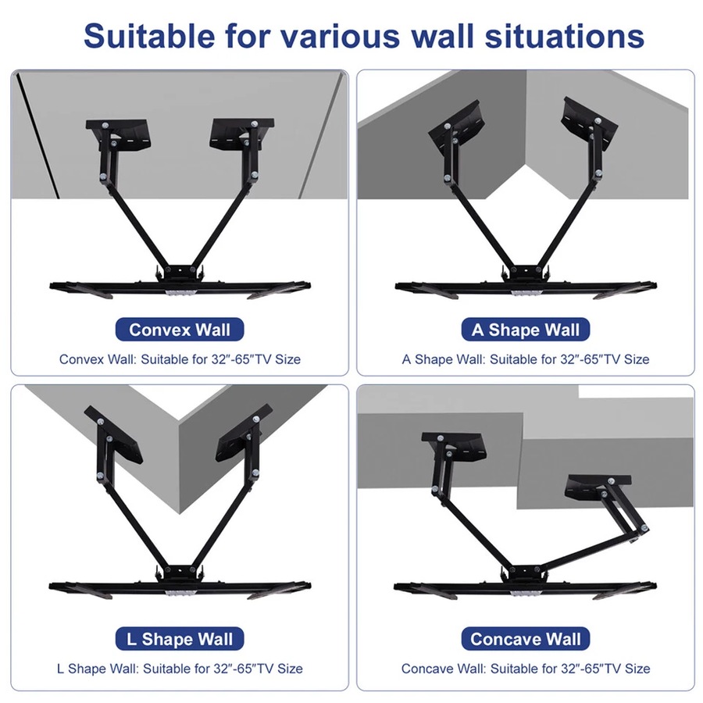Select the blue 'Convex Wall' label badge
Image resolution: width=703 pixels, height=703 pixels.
180,329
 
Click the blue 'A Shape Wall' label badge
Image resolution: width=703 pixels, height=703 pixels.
526,330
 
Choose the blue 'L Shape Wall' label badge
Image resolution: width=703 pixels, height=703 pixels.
180,639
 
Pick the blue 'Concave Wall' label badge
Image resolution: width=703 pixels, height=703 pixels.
526,639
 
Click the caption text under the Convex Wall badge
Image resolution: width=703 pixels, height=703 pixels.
180,359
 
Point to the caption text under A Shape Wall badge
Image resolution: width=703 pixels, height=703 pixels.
526,359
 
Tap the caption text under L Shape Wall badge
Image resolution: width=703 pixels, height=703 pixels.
180,669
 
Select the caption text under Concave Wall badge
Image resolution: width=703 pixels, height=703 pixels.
526,669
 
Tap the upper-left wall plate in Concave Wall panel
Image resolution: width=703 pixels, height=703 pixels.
453,445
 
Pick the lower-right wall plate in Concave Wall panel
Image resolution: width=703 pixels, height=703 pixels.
597,489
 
